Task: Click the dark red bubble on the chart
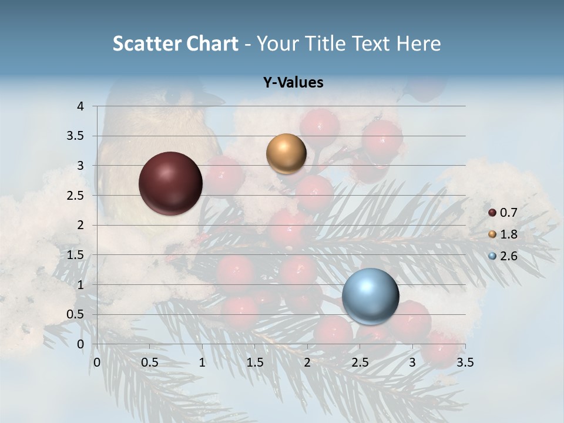(x=171, y=183)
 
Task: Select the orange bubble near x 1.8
(x=286, y=154)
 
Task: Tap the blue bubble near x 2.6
(x=371, y=296)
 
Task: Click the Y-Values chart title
(x=293, y=83)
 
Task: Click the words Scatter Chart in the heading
(x=175, y=43)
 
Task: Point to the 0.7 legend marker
(x=492, y=213)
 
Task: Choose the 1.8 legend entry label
(x=509, y=234)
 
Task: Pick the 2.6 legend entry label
(x=509, y=256)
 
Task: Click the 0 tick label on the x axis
(x=98, y=362)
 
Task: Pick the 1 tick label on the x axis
(x=202, y=362)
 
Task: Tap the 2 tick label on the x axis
(x=307, y=362)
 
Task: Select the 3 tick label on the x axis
(x=412, y=362)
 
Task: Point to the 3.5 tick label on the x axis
(x=465, y=362)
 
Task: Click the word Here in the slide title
(x=418, y=43)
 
